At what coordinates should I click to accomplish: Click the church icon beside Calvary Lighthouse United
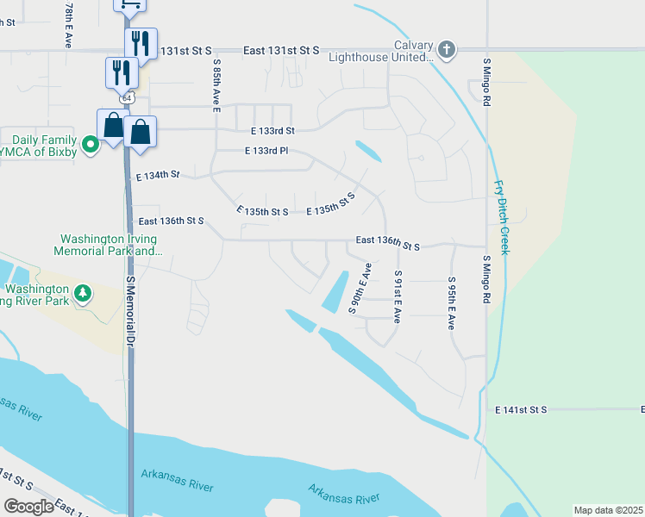click(446, 48)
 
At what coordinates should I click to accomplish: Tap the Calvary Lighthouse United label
click(379, 52)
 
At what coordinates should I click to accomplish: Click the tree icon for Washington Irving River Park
click(83, 293)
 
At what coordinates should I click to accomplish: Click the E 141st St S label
click(521, 410)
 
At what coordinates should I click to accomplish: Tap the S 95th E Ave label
click(451, 303)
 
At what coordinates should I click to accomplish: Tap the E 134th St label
click(157, 176)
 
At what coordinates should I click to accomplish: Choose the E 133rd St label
click(272, 131)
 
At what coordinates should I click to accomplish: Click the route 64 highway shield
click(127, 98)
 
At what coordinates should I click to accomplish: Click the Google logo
click(28, 507)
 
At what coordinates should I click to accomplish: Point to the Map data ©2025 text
click(608, 510)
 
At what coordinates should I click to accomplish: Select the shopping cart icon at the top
click(129, 5)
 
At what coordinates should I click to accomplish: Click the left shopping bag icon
click(113, 126)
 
